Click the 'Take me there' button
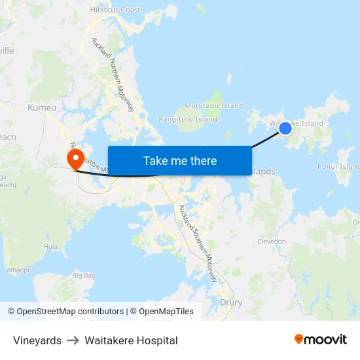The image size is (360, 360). coord(180,161)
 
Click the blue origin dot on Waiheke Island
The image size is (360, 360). coord(285,128)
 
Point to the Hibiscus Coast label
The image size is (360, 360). coord(115,10)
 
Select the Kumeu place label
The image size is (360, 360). coord(42,107)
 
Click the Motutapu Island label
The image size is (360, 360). coord(213,105)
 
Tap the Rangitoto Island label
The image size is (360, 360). coord(188,119)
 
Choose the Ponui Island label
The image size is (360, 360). coord(338,166)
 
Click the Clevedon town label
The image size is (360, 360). coord(272,242)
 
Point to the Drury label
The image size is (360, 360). coord(231,302)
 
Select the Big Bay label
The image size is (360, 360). coord(84,276)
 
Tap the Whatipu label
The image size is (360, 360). coord(19,270)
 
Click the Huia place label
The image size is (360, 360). coord(50,246)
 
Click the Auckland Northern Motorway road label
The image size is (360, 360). coord(113,74)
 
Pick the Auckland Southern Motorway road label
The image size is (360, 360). coord(198,243)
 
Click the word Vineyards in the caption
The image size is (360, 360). coord(37,340)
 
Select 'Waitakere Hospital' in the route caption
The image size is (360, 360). coord(131,340)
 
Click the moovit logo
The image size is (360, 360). coord(320,339)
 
